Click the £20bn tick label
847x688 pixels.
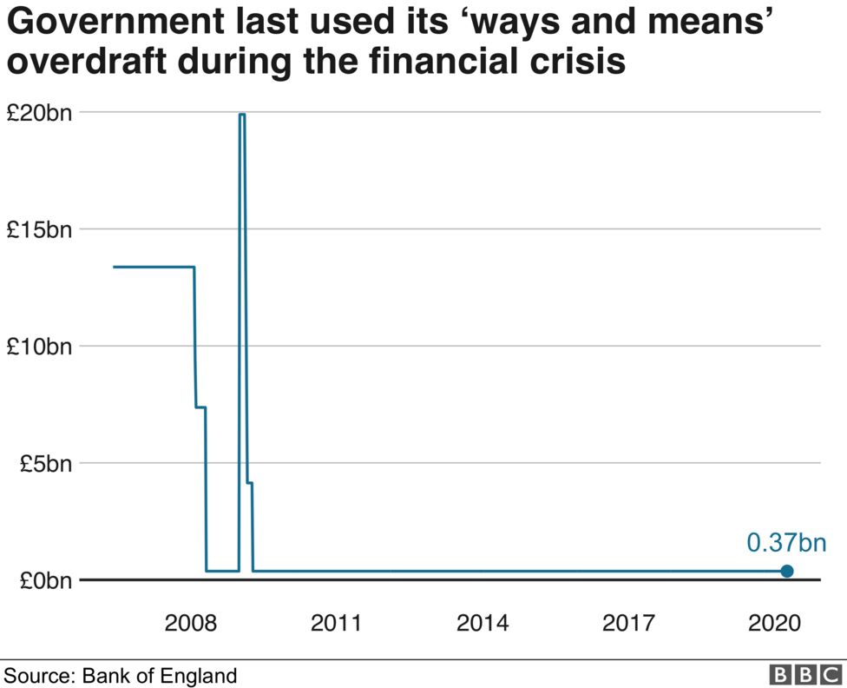[x=40, y=113]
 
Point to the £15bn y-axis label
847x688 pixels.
[x=40, y=230]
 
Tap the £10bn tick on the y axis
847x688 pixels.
[x=40, y=347]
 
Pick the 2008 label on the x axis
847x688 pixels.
[x=190, y=623]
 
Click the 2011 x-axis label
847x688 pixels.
[x=337, y=623]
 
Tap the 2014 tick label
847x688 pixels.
[x=483, y=623]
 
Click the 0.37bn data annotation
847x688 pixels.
[x=786, y=544]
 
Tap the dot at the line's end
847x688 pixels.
[x=787, y=571]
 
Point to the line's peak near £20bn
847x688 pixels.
[x=242, y=114]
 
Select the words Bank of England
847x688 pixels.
[x=159, y=675]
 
